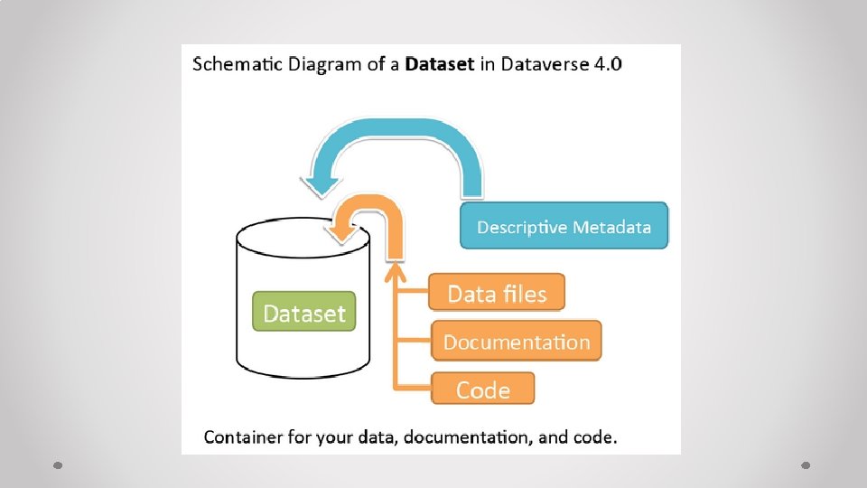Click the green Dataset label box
pyautogui.click(x=304, y=312)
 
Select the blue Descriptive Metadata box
pyautogui.click(x=564, y=226)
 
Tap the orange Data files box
pyautogui.click(x=497, y=294)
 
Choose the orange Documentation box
pyautogui.click(x=516, y=342)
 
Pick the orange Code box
pyautogui.click(x=482, y=389)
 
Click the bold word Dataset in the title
pyautogui.click(x=440, y=64)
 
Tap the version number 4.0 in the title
pyautogui.click(x=603, y=64)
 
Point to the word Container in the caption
pyautogui.click(x=243, y=437)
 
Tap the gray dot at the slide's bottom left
pyautogui.click(x=57, y=465)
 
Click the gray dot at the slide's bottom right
pyautogui.click(x=806, y=465)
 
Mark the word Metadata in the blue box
pyautogui.click(x=611, y=227)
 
